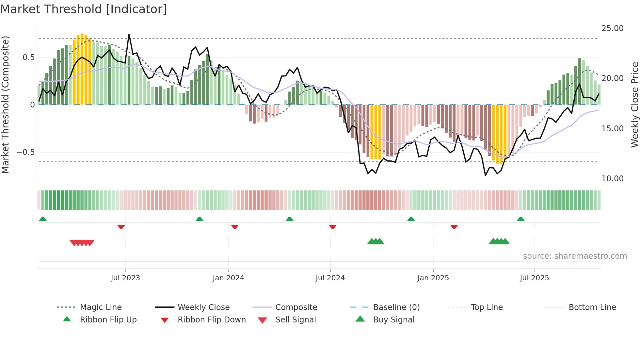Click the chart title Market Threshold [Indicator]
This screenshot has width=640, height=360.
tap(84, 9)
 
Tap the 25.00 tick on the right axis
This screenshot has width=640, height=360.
tap(612, 28)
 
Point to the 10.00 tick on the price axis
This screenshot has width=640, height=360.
tap(612, 179)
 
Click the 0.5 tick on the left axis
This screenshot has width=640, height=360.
tap(28, 57)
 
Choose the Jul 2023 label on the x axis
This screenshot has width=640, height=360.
tap(125, 278)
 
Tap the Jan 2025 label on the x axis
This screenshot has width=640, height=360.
tap(433, 278)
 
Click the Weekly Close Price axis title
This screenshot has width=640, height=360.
tap(634, 105)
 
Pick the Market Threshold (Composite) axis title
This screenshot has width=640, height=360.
tap(5, 105)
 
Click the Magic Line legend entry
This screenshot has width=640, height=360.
tap(101, 307)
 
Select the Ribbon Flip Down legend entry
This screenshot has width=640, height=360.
tap(211, 320)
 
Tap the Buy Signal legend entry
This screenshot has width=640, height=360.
tap(393, 320)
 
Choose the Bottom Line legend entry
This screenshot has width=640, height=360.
tap(592, 307)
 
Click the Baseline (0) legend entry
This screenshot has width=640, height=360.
tap(396, 307)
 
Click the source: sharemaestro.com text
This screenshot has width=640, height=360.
tap(575, 256)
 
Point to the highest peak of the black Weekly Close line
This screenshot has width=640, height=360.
tap(129, 35)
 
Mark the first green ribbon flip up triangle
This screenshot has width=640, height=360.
tap(43, 219)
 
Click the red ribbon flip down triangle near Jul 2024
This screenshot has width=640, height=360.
tap(333, 227)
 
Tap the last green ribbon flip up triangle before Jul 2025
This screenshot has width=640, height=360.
tap(520, 219)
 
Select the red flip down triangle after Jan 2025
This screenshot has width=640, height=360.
tap(454, 227)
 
